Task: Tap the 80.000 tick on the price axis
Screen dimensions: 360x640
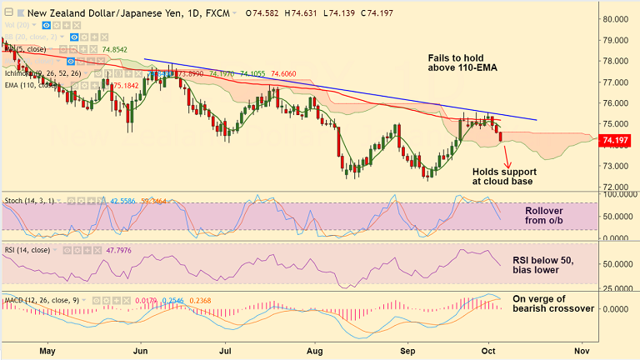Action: [617, 19]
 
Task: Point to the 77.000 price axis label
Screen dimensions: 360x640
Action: [617, 82]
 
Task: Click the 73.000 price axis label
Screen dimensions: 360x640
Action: [617, 166]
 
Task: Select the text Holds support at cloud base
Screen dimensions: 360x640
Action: [503, 176]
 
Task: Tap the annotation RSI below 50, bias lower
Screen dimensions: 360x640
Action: [554, 266]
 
